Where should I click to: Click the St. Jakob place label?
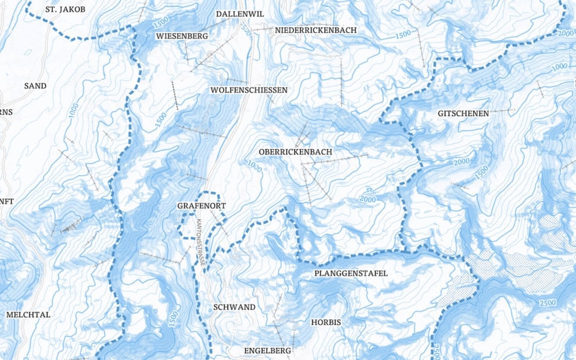[66, 10]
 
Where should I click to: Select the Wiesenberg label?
[181, 36]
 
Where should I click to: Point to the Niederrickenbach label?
[316, 30]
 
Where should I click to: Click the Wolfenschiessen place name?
[249, 90]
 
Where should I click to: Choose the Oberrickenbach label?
[295, 152]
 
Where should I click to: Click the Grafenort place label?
[202, 205]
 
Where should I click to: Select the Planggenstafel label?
[351, 274]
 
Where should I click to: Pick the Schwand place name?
[234, 307]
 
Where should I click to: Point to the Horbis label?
[325, 322]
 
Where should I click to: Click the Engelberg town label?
[267, 350]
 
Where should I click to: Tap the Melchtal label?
[28, 315]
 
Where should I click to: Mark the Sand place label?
[35, 85]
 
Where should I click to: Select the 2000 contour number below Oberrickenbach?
[368, 198]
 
